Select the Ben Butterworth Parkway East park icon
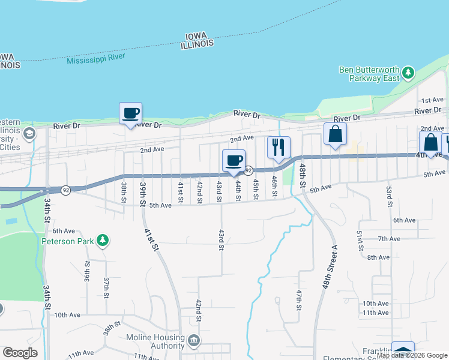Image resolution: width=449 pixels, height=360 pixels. pos(408,73)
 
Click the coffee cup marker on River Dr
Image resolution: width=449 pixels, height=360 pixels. pos(130,113)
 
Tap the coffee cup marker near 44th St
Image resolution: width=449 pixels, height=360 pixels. pos(234,161)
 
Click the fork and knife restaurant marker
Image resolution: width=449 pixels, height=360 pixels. pos(279,148)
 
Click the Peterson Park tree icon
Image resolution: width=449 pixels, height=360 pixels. pos(103,241)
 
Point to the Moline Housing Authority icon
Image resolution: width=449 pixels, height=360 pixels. pos(194,341)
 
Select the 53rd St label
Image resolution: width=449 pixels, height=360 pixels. pos(389,195)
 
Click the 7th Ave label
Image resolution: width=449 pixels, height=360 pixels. pos(389,239)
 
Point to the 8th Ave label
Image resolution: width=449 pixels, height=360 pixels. pos(378,257)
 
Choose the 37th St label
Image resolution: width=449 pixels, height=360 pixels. pos(106,288)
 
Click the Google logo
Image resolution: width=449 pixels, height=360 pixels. pos(20,353)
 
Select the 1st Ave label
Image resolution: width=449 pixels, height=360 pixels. pos(432,100)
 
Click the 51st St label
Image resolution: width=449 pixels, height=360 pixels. pos(360,241)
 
